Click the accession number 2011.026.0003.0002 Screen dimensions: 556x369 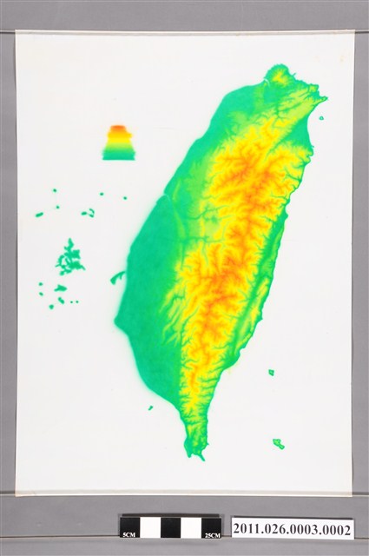click(x=292, y=529)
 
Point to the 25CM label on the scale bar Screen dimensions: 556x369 click(x=210, y=533)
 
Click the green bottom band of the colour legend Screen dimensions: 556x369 click(x=118, y=154)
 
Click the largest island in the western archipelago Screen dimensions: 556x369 click(x=69, y=258)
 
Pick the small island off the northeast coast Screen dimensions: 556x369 click(x=320, y=118)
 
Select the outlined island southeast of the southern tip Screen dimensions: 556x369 click(x=278, y=443)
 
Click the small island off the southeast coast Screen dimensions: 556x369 click(x=271, y=372)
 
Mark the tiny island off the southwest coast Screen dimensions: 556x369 click(x=150, y=407)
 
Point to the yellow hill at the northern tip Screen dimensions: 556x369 click(x=279, y=76)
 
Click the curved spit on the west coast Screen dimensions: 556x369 click(x=118, y=277)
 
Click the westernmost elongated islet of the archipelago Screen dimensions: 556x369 click(x=39, y=214)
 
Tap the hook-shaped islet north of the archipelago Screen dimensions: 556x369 click(x=89, y=212)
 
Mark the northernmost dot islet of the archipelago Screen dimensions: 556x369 click(x=54, y=191)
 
